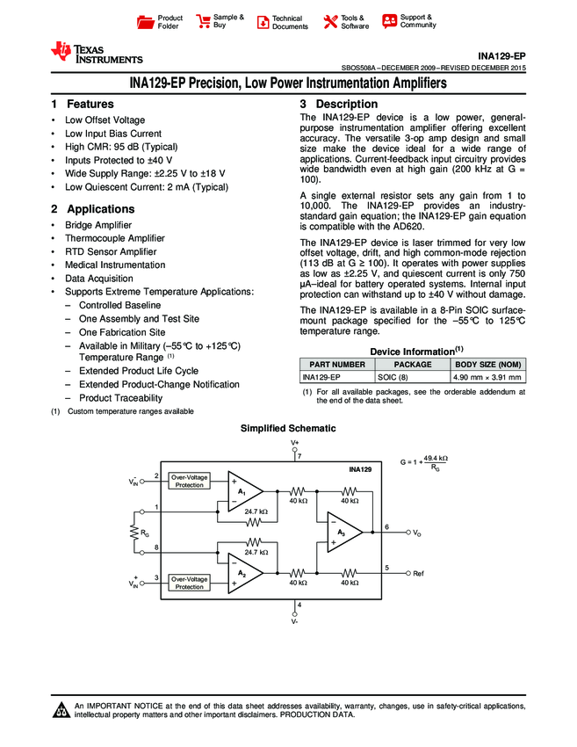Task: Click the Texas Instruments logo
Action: point(96,54)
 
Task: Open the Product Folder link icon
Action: point(146,22)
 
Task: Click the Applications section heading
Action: point(93,209)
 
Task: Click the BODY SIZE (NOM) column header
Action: point(487,364)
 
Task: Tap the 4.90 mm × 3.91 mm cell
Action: point(487,377)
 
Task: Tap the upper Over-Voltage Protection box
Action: point(190,481)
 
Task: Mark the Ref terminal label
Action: point(418,573)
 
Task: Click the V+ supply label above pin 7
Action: point(295,442)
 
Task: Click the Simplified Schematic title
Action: point(287,427)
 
